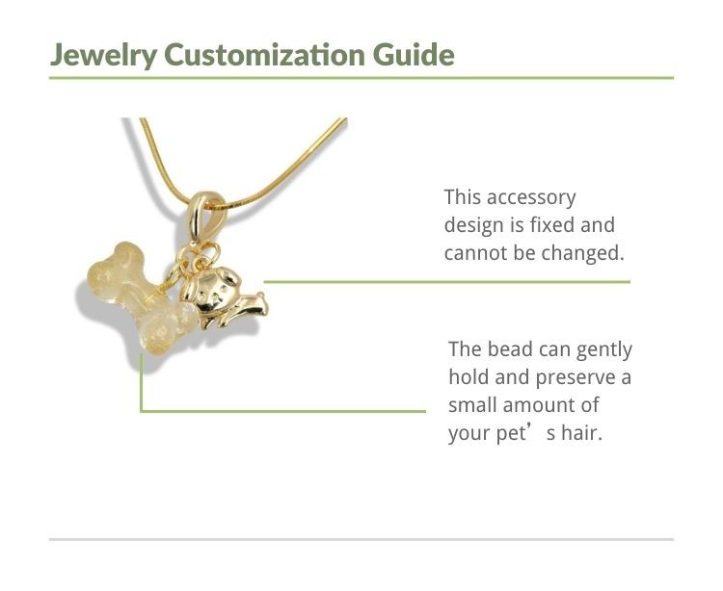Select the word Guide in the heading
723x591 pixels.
pyautogui.click(x=414, y=54)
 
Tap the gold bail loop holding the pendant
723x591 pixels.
pyautogui.click(x=201, y=217)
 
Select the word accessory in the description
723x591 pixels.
pyautogui.click(x=531, y=198)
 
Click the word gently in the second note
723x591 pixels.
pyautogui.click(x=604, y=350)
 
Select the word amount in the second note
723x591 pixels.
pyautogui.click(x=535, y=405)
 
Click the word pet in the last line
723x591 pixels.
pyautogui.click(x=511, y=434)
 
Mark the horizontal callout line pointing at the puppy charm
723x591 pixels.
pyautogui.click(x=446, y=282)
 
